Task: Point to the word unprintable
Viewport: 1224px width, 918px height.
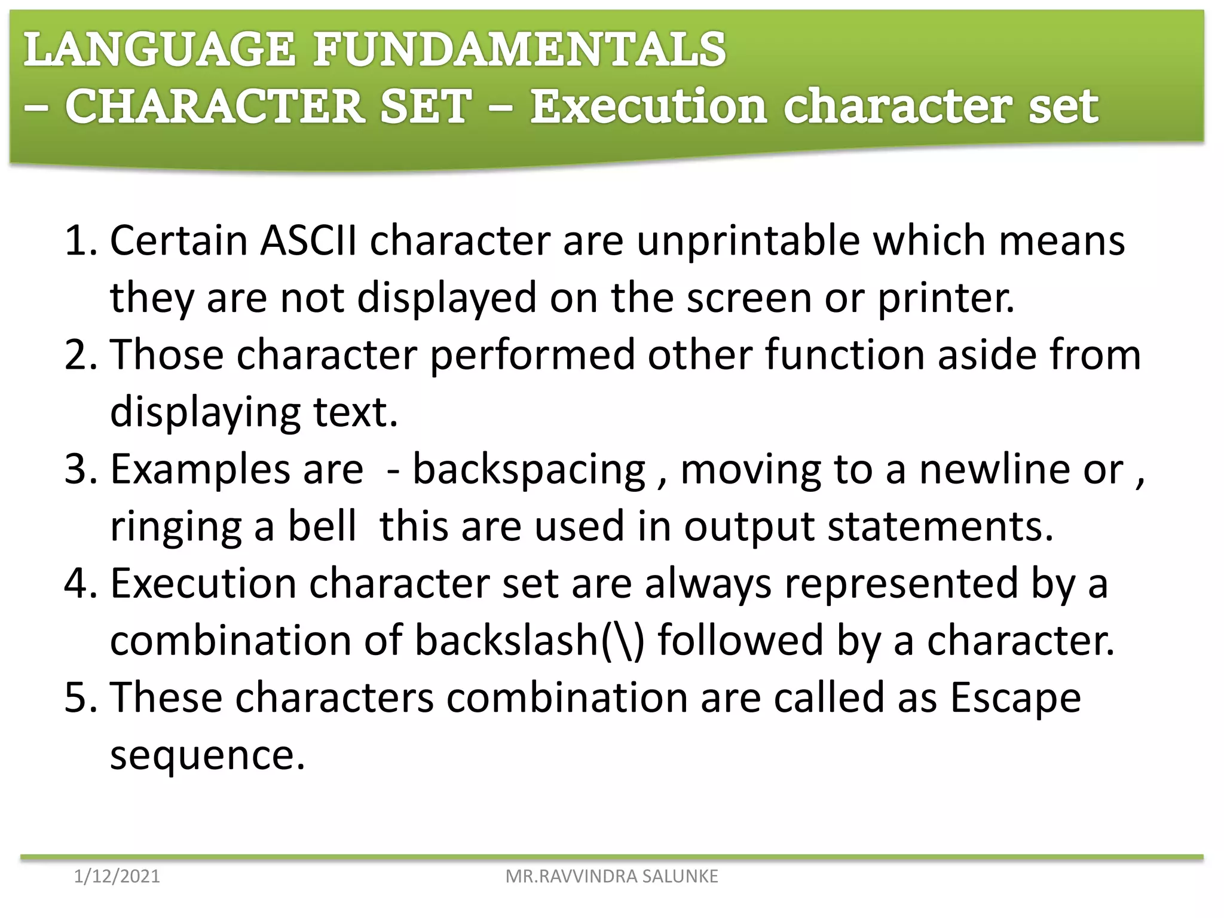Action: click(x=748, y=241)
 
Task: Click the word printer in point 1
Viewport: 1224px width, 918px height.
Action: click(x=945, y=298)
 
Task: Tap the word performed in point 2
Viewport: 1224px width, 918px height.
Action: click(x=532, y=354)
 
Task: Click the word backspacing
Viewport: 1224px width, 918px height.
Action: click(x=529, y=470)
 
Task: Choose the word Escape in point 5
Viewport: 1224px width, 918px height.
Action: click(x=1015, y=697)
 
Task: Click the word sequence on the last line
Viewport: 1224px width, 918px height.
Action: click(x=207, y=755)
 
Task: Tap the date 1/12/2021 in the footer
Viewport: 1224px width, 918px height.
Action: click(x=117, y=876)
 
